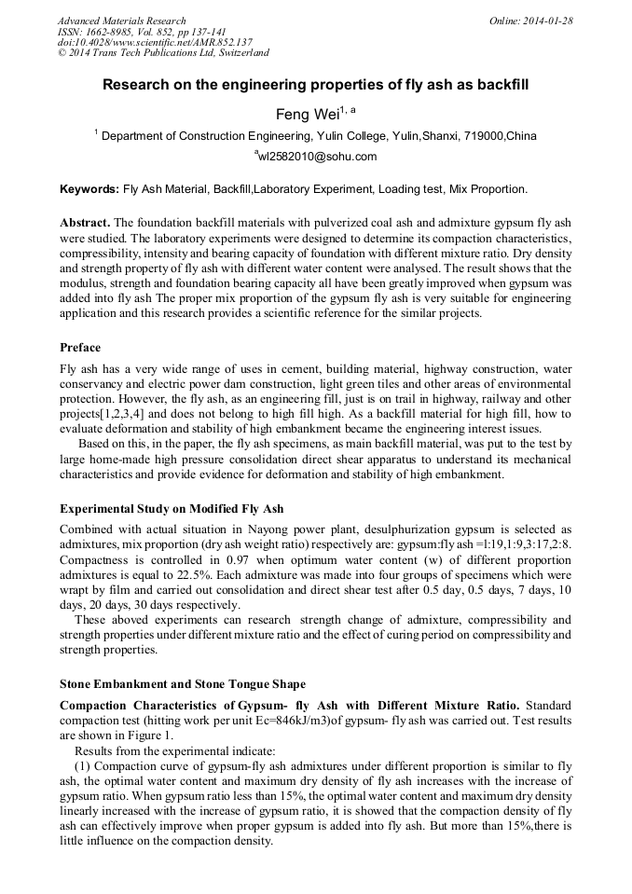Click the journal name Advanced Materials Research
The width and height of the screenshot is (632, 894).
(x=122, y=21)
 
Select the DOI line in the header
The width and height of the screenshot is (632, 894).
(x=155, y=42)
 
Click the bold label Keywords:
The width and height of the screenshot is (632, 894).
(x=89, y=189)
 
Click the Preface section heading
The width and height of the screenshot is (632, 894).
(x=80, y=348)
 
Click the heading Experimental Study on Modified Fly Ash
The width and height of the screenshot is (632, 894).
(x=172, y=509)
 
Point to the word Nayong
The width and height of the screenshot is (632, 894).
(x=245, y=529)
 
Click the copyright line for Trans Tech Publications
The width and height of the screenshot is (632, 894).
(x=163, y=53)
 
